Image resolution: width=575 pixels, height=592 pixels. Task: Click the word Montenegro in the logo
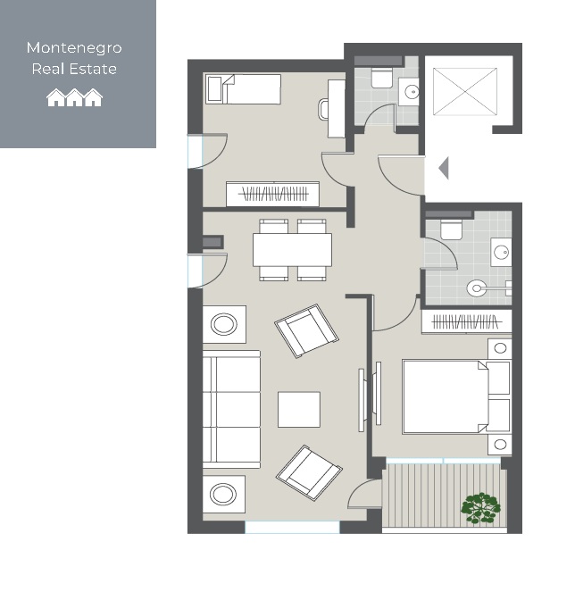coord(74,48)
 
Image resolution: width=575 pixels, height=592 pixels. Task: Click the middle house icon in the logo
coord(74,97)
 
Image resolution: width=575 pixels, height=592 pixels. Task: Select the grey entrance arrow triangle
coord(444,168)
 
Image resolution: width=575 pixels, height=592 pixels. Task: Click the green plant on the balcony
coord(480,508)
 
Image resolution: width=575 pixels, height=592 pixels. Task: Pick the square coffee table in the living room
coord(299,409)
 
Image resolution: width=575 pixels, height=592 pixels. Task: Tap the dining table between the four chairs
coord(292,249)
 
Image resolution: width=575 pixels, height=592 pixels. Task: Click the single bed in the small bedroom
coord(243,88)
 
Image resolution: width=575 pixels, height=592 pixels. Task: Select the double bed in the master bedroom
coord(456,396)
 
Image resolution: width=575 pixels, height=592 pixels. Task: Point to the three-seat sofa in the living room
coord(231,410)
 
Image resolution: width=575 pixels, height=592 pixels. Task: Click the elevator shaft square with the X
coord(465,91)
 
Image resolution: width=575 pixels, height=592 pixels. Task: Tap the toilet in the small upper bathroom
coord(382,78)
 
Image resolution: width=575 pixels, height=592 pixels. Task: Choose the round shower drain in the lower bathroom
coord(476,288)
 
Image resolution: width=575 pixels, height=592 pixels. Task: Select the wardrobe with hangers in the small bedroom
coord(272,194)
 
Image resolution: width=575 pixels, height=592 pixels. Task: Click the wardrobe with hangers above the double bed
coord(466,321)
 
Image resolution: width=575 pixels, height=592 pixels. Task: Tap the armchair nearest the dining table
coord(306,330)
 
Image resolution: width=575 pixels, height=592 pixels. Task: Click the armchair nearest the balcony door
coord(309,472)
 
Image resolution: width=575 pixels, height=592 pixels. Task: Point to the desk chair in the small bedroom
coord(323,110)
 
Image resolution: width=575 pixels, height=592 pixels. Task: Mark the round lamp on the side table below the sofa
coord(222,494)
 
